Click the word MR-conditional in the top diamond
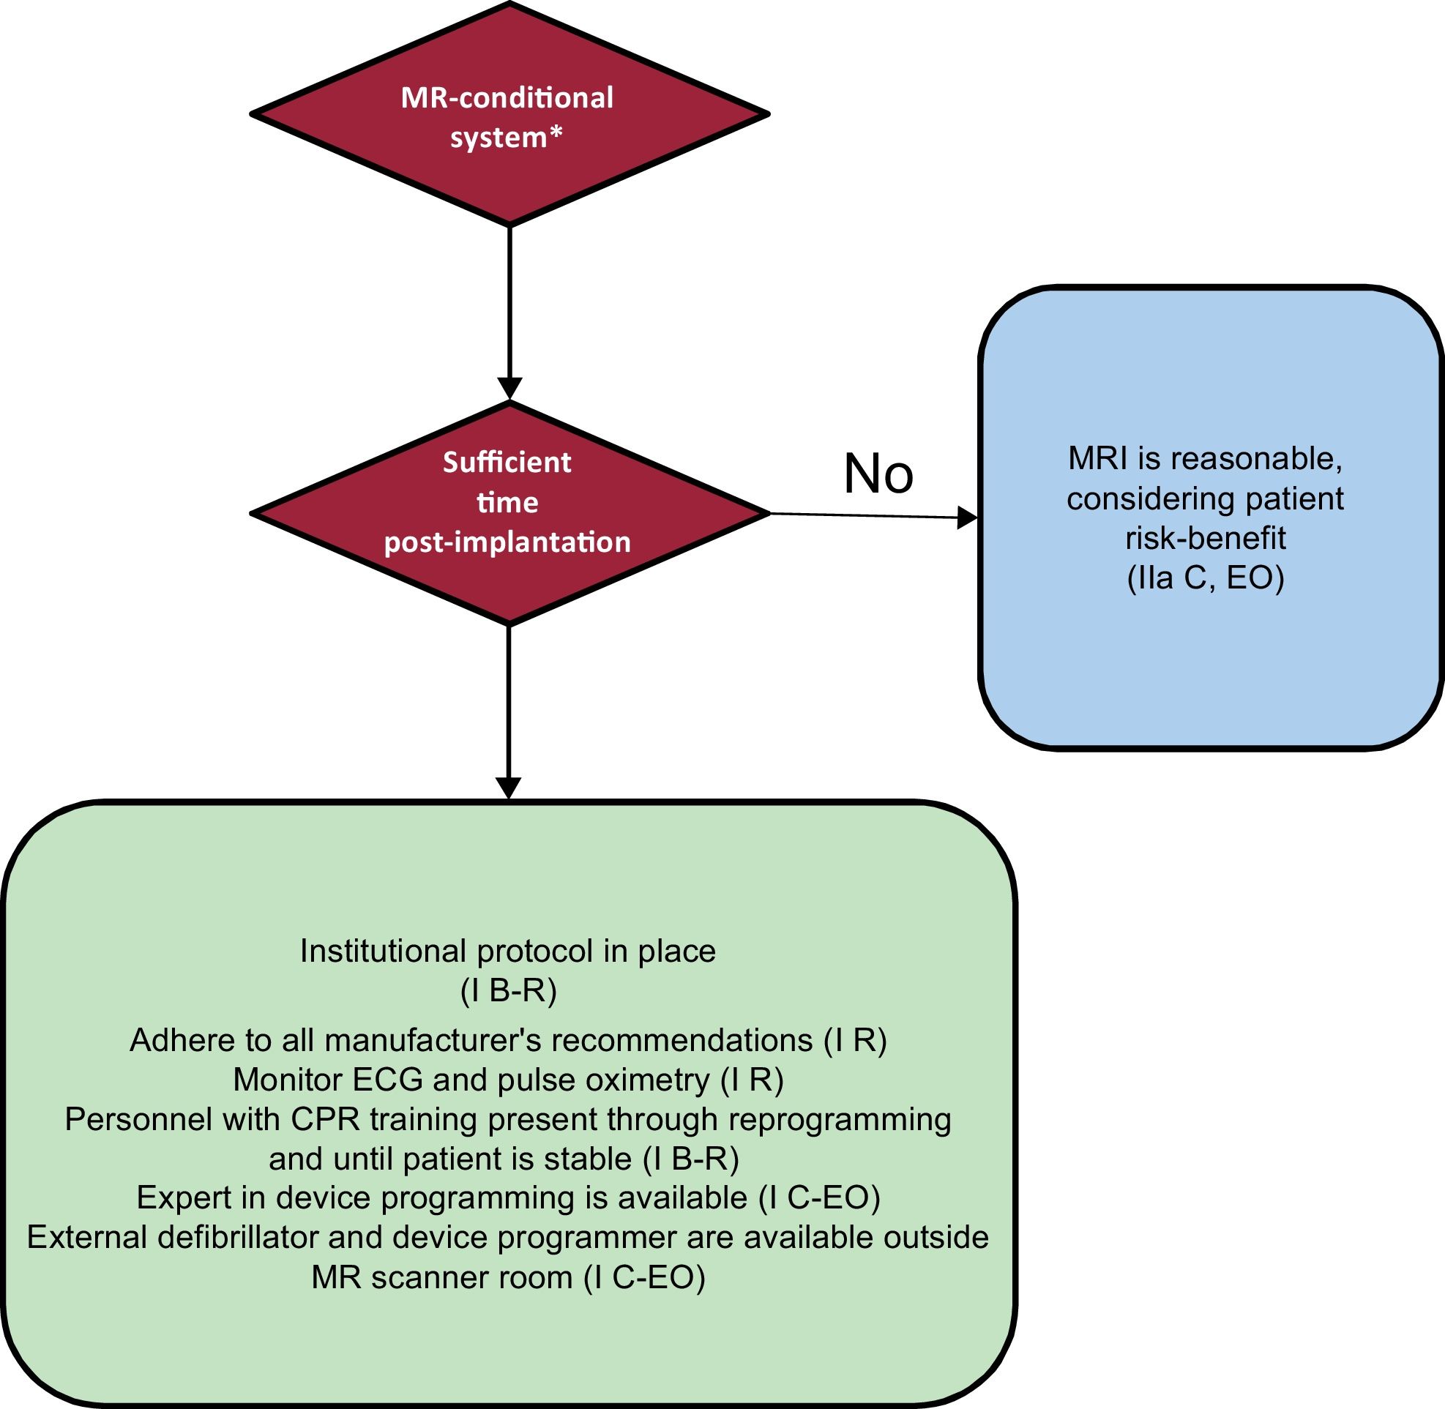click(507, 97)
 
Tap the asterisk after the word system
click(555, 135)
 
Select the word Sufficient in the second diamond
click(507, 463)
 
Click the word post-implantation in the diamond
click(507, 542)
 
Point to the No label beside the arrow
click(878, 474)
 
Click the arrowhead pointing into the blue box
click(966, 518)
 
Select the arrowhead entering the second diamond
click(509, 389)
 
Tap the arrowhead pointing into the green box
click(509, 788)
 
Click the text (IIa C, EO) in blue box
click(1205, 578)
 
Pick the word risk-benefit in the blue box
click(1205, 538)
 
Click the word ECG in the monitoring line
click(387, 1080)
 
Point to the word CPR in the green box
click(324, 1119)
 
